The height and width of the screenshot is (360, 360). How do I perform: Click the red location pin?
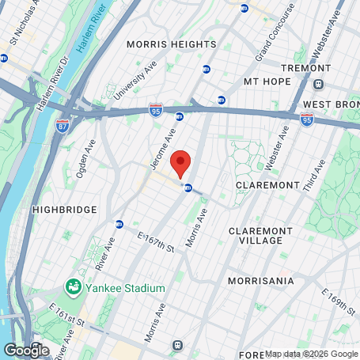[181, 163]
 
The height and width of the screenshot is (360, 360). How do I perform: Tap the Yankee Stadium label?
[126, 288]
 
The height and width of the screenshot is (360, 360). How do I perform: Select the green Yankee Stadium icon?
[74, 286]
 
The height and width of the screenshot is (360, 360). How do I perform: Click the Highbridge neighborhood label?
[64, 209]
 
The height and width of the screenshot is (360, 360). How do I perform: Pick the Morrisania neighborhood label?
[260, 281]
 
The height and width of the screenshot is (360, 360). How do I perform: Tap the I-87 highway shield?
[63, 126]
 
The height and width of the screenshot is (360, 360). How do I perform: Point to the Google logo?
[26, 349]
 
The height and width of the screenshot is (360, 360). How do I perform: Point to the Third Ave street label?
[315, 176]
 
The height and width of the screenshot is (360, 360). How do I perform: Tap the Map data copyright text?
[312, 354]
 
